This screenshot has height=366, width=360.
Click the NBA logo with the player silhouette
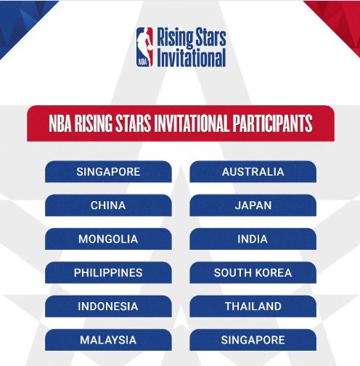[144, 47]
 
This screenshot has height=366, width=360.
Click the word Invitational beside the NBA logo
[192, 57]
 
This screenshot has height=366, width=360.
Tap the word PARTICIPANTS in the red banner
[272, 123]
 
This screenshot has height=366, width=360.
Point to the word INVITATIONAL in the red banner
[192, 123]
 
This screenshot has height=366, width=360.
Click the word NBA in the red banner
[60, 123]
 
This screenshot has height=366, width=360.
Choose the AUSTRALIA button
[253, 171]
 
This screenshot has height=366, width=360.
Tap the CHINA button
[108, 206]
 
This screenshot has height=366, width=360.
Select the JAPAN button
[253, 206]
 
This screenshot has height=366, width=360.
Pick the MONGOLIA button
[108, 239]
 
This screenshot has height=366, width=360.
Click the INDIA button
[253, 239]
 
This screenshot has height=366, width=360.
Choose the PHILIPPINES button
[108, 272]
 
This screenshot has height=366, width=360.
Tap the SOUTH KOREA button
[253, 272]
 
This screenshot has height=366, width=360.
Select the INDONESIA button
[108, 306]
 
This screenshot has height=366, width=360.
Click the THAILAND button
[253, 306]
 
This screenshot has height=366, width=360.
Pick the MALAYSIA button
[108, 340]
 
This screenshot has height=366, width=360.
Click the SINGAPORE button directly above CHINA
[108, 171]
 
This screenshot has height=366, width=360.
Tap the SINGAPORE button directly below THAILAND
[253, 340]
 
